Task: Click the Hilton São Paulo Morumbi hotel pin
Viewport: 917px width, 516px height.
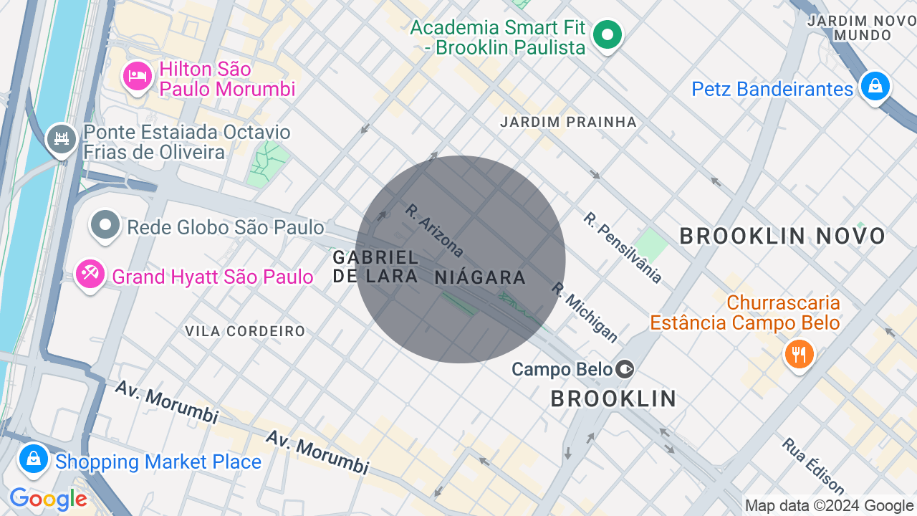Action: [137, 76]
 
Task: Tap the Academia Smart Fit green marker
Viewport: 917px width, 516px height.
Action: [608, 34]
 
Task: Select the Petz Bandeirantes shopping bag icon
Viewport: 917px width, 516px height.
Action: [874, 86]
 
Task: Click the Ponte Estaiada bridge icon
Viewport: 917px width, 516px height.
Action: [61, 138]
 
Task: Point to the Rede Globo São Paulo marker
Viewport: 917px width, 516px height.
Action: [105, 226]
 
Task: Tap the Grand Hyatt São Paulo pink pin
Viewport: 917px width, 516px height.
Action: [91, 275]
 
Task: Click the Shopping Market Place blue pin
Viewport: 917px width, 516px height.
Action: [33, 459]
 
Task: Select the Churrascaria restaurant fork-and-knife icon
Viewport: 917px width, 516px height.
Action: [799, 353]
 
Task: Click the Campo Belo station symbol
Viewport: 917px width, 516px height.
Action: [625, 369]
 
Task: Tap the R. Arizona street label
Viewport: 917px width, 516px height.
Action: [434, 231]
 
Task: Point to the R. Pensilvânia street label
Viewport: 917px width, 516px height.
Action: [623, 247]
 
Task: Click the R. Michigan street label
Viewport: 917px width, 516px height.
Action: [585, 312]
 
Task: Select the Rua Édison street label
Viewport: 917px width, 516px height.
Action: [813, 466]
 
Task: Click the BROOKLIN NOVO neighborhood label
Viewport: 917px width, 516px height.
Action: [782, 236]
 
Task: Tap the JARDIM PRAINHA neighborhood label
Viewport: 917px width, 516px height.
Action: [568, 122]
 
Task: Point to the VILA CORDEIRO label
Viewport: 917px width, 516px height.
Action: [245, 331]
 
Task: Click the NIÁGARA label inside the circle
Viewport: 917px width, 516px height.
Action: [480, 277]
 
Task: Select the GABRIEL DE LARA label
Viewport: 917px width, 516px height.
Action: [375, 266]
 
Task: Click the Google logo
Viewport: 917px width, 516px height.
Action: [48, 500]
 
